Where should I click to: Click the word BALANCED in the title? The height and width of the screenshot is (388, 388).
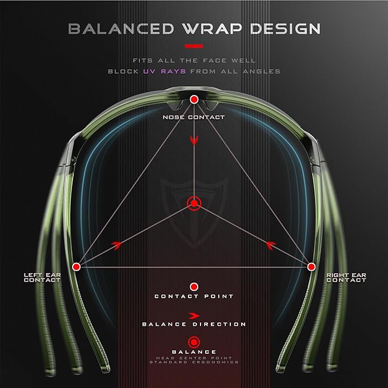pyautogui.click(x=121, y=29)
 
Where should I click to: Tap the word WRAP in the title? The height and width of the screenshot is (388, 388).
pyautogui.click(x=213, y=29)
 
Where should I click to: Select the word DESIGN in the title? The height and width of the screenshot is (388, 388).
pyautogui.click(x=285, y=29)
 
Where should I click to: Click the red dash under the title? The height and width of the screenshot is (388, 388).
pyautogui.click(x=194, y=46)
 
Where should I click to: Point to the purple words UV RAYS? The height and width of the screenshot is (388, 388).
pyautogui.click(x=165, y=71)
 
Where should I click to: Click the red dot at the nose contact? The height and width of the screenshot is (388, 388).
pyautogui.click(x=194, y=99)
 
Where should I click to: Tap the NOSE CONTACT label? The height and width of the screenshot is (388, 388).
pyautogui.click(x=194, y=117)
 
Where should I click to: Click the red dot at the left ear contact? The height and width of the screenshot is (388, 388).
pyautogui.click(x=76, y=267)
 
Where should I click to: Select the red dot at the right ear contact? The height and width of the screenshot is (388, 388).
pyautogui.click(x=311, y=267)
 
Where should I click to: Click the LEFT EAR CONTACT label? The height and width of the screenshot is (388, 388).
pyautogui.click(x=42, y=277)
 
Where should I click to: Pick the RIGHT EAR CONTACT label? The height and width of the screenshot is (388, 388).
pyautogui.click(x=346, y=277)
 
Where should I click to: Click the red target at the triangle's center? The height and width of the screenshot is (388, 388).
pyautogui.click(x=194, y=203)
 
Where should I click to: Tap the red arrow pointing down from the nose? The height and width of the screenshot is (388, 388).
pyautogui.click(x=194, y=140)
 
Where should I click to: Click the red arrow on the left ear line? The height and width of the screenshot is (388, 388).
pyautogui.click(x=117, y=245)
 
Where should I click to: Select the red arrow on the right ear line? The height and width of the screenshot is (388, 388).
pyautogui.click(x=271, y=245)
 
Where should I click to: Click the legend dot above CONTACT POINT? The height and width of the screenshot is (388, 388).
pyautogui.click(x=194, y=287)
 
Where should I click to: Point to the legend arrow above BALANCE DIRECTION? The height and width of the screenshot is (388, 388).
pyautogui.click(x=194, y=316)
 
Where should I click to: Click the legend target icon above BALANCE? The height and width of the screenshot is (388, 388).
pyautogui.click(x=194, y=342)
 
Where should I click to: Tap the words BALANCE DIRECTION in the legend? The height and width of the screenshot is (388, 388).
pyautogui.click(x=194, y=324)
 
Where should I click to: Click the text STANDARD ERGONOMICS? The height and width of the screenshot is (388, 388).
pyautogui.click(x=194, y=362)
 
